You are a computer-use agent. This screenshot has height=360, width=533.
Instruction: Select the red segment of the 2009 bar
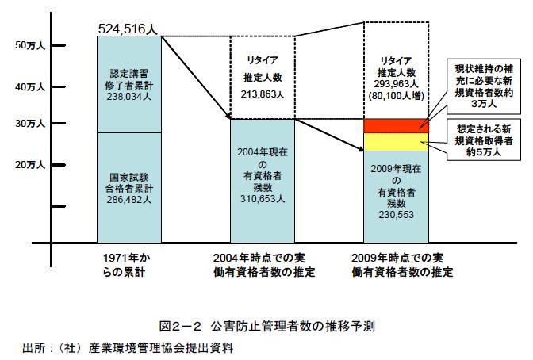click(395, 126)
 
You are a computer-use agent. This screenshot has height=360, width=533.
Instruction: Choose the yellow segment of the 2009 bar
click(395, 141)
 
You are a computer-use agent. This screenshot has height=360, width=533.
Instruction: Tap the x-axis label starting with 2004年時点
click(261, 266)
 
